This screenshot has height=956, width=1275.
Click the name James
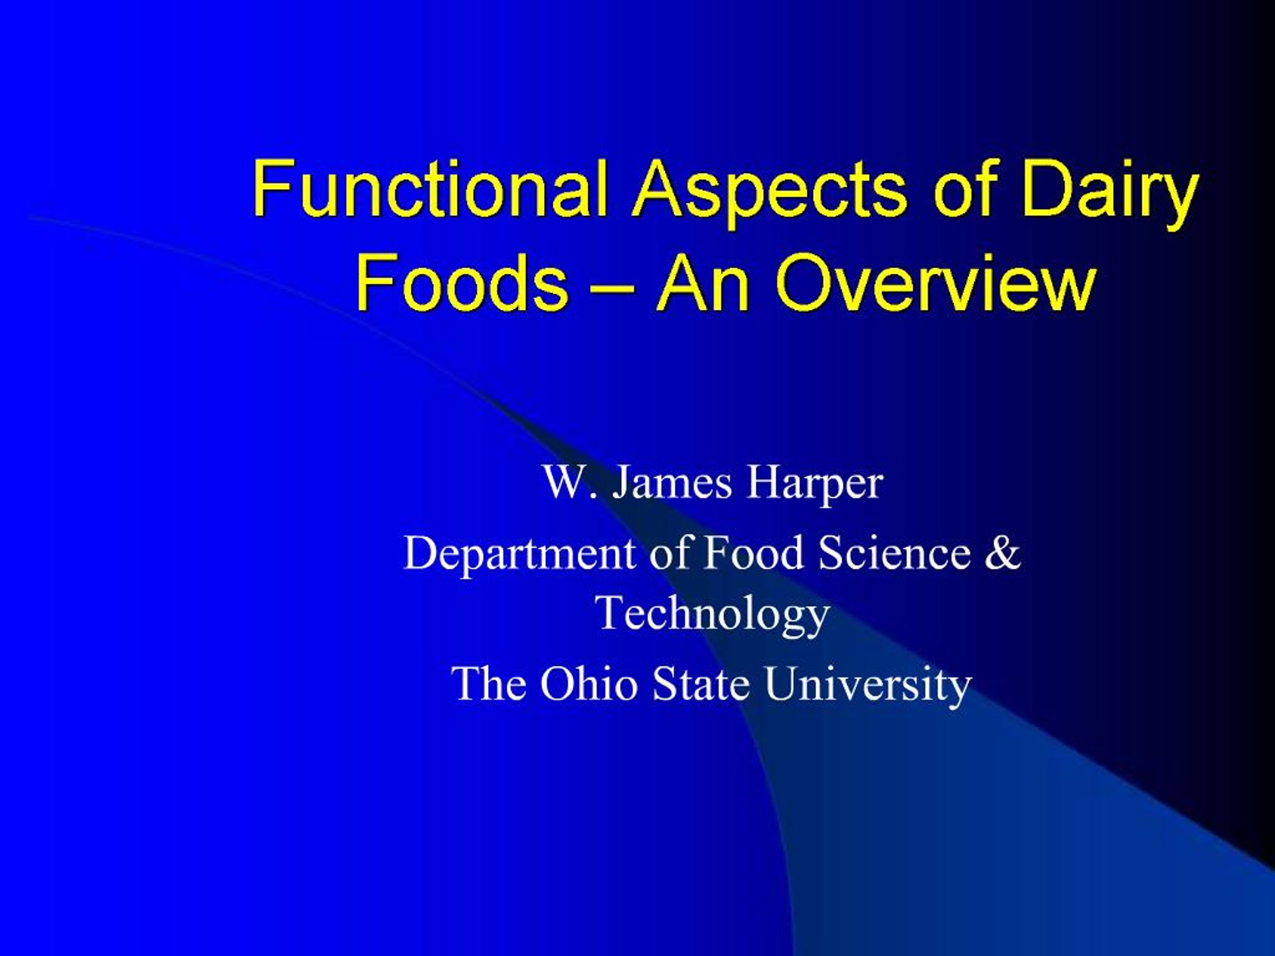[x=671, y=483]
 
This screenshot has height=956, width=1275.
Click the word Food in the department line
[x=753, y=552]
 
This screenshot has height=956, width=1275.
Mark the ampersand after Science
[x=1003, y=552]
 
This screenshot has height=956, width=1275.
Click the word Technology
[x=714, y=614]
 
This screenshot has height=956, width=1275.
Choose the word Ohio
[x=589, y=684]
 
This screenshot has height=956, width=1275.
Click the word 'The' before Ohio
[x=491, y=684]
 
